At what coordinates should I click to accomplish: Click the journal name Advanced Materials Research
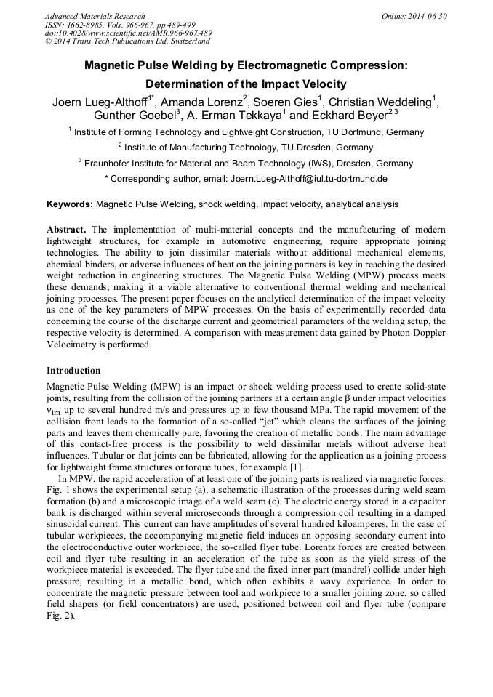[95, 16]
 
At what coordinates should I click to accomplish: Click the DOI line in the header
[129, 33]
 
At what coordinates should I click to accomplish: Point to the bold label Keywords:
[70, 205]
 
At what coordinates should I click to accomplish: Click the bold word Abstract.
[66, 229]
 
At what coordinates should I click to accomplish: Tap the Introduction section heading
[73, 370]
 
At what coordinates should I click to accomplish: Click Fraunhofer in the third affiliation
[108, 163]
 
